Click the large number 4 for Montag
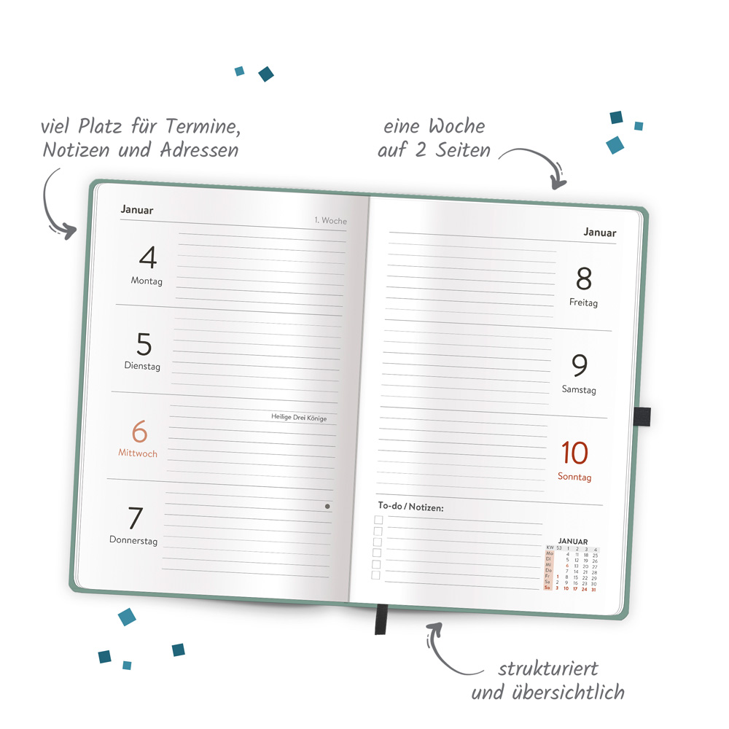coord(148,258)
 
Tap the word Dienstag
coord(141,367)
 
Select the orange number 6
coord(139,432)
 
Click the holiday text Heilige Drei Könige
coord(299,418)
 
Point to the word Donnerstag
coord(133,541)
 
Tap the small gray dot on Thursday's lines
coord(327,506)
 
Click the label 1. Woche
coord(330,220)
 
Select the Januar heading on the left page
coord(137,210)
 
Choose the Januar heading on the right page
coord(599,233)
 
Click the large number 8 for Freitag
coord(584,278)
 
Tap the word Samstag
coord(579,390)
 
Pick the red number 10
coord(574,453)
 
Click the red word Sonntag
coord(574,477)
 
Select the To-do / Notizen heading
coord(410,507)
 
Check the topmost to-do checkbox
coord(378,520)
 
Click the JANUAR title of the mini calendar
coord(572,541)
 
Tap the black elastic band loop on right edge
coord(642,416)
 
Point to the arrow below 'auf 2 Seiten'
coord(539,165)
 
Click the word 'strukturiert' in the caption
coord(548,668)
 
